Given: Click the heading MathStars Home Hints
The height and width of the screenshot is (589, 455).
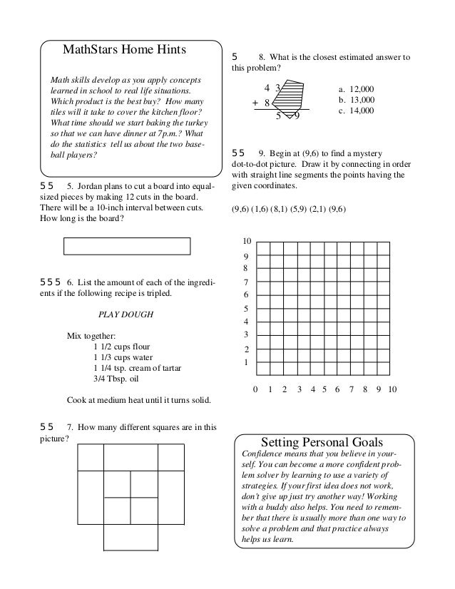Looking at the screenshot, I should coord(124,50).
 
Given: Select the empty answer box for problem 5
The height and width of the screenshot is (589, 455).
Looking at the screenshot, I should coord(127,246).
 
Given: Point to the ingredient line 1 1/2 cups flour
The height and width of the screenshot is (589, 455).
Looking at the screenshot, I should coord(127,347).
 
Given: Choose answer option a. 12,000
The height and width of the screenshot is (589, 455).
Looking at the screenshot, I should coord(357,90).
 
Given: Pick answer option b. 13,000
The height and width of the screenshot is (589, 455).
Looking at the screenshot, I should coord(357,101).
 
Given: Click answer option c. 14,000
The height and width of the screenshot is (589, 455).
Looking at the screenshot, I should coord(357,111).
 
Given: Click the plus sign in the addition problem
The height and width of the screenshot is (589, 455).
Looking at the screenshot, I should coord(255,103).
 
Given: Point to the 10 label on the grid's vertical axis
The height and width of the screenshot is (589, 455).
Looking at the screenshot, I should coord(247,242).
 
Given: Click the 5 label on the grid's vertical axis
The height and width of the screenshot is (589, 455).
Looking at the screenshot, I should coord(247,309).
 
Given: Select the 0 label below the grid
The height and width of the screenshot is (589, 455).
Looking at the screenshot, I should coord(257,390).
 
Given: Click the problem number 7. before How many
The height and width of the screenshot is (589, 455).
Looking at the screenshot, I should coord(70,428).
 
